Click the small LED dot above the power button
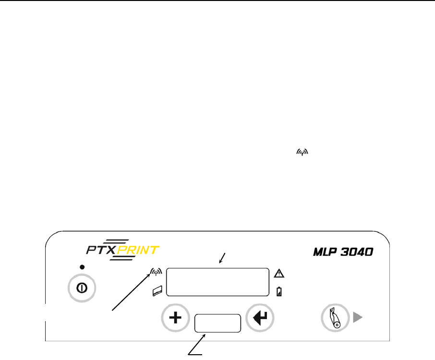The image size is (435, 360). (82, 266)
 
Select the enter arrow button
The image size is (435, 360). (260, 318)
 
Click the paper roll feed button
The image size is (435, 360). (334, 318)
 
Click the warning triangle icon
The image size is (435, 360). (279, 274)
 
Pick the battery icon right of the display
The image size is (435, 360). (279, 291)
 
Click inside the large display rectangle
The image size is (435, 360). (217, 283)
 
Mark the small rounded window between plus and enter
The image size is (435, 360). (217, 324)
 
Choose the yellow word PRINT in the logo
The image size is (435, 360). (142, 251)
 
